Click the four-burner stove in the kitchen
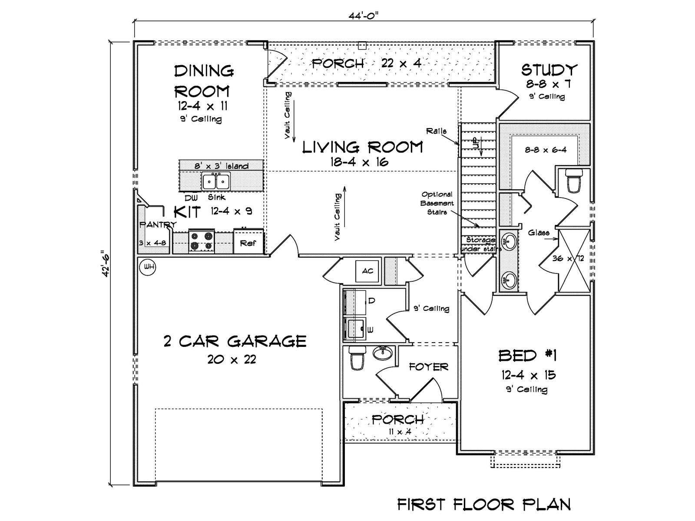(x=202, y=241)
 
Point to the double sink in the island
(x=216, y=181)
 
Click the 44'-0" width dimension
(x=364, y=16)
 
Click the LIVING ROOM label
(x=363, y=148)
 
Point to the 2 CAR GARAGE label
(x=235, y=341)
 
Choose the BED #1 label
(x=528, y=356)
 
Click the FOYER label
(x=429, y=367)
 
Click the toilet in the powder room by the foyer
(x=357, y=358)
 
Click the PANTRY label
(x=158, y=224)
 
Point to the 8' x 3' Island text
(x=222, y=166)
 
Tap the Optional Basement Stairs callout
(x=437, y=203)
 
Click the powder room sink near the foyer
(x=383, y=353)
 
